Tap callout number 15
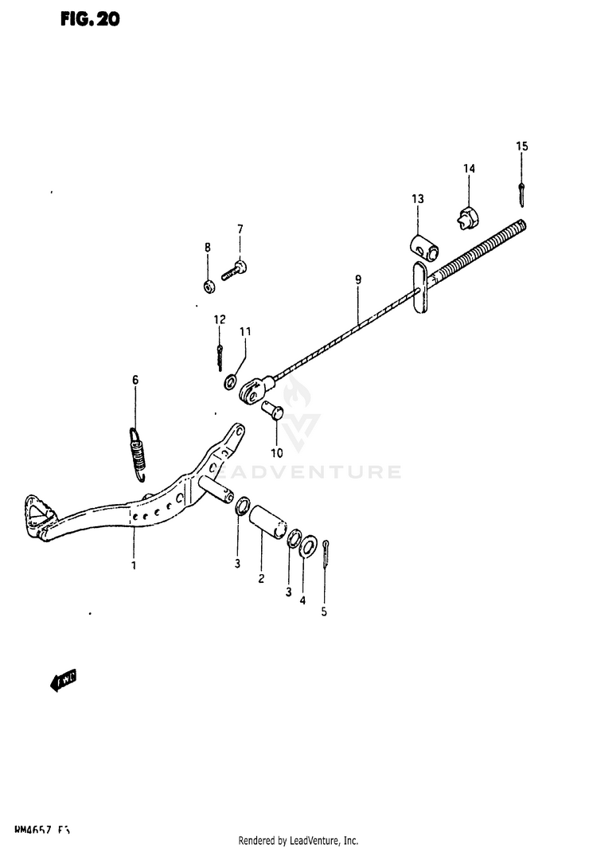coord(521,146)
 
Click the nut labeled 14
coord(468,215)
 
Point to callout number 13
coord(418,198)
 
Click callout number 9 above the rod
coord(358,279)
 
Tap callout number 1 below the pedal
coord(134,565)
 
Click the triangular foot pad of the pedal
coord(35,510)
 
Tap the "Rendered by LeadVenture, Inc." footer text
coord(298,841)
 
